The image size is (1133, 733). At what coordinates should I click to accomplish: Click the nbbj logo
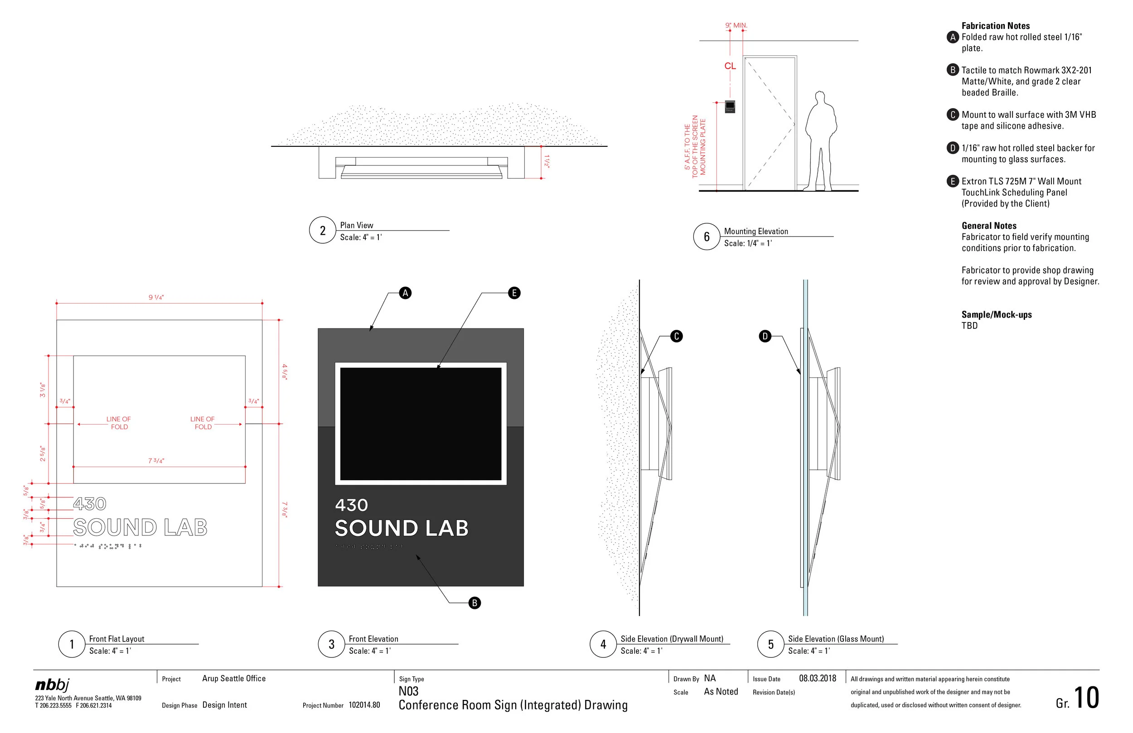(x=53, y=685)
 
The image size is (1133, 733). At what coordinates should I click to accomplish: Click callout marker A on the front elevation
(x=405, y=293)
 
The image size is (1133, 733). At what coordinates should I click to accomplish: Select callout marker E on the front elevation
(x=514, y=293)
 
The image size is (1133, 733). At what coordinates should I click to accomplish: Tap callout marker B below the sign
(x=475, y=603)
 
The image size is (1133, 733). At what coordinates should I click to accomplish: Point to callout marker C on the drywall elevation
(x=677, y=337)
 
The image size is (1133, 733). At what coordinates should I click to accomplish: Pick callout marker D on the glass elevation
(x=765, y=337)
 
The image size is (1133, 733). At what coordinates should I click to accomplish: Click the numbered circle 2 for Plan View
(x=323, y=231)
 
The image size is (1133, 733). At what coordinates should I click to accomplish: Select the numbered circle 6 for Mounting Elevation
(x=707, y=236)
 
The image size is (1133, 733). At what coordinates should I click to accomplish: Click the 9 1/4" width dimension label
(x=156, y=298)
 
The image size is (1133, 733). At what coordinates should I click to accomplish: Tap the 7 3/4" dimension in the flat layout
(x=156, y=461)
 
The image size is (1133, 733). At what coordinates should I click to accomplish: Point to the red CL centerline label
(x=730, y=66)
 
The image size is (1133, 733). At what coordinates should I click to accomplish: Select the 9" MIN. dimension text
(x=736, y=25)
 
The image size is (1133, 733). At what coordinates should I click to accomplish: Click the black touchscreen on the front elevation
(x=421, y=424)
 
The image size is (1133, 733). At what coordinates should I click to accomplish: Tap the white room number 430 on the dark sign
(x=351, y=505)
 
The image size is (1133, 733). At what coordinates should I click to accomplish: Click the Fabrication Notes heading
(x=995, y=26)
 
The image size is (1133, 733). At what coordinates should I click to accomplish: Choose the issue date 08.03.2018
(x=818, y=678)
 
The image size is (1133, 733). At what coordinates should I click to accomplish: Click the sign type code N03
(x=408, y=691)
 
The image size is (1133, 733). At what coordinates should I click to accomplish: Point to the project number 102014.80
(x=364, y=705)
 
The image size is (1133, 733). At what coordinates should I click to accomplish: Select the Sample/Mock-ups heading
(x=997, y=314)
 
